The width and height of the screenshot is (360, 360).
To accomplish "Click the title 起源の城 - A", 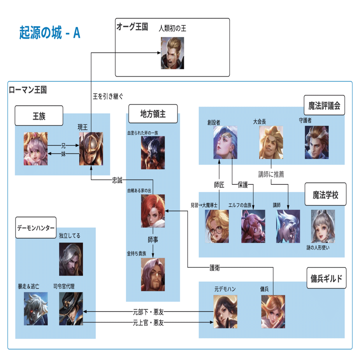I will [x=50, y=33].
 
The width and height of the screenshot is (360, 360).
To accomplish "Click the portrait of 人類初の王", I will [x=172, y=53].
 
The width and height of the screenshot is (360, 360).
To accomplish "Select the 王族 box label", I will [x=39, y=116].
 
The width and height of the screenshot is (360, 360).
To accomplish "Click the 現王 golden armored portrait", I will [x=91, y=148].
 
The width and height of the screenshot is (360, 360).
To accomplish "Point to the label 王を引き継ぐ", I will [x=108, y=96].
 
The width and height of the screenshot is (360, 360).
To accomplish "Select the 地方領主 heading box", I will [x=153, y=114].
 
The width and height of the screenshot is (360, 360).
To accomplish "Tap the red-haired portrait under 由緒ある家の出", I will [x=153, y=211].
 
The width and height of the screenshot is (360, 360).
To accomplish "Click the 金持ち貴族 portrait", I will [x=153, y=274].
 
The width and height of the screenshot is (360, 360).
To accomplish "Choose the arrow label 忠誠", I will [x=117, y=180].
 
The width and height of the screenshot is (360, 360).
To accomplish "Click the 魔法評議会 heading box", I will [x=325, y=105].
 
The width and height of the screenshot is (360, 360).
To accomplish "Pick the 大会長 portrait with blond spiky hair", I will [x=271, y=142].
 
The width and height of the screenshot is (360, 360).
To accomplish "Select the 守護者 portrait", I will [x=316, y=142].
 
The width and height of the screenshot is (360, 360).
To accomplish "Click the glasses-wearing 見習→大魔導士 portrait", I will [x=217, y=226].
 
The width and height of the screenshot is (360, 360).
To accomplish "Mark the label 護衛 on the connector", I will [x=215, y=267].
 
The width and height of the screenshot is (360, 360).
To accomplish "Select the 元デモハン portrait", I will [x=225, y=311].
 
